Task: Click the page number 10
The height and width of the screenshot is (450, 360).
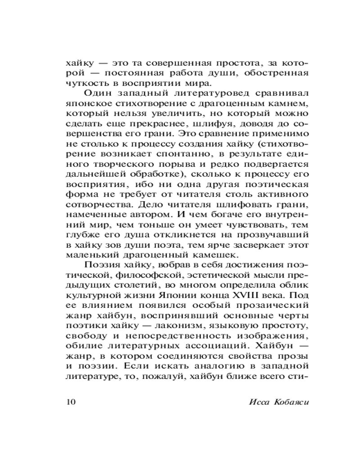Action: point(71,401)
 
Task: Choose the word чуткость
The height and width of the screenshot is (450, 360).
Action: point(85,83)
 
